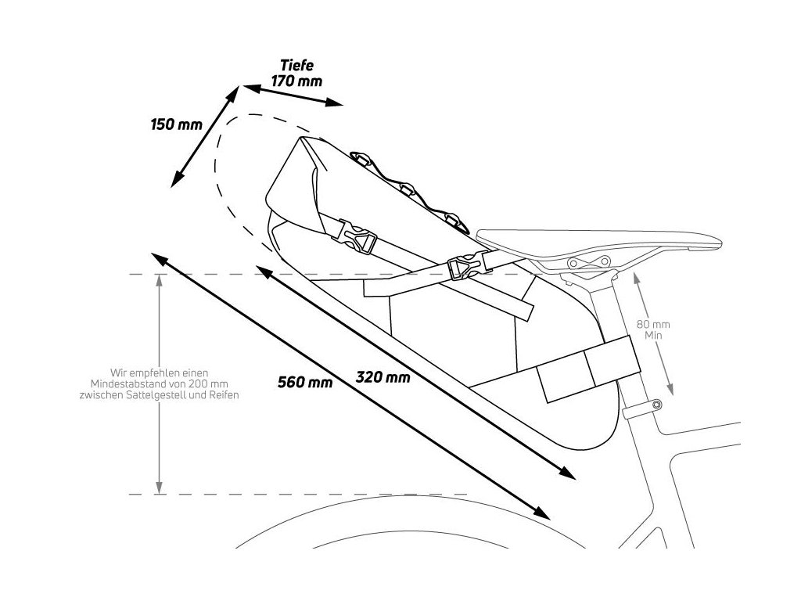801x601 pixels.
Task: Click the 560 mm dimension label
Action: (304, 383)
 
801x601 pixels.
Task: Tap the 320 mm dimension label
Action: (383, 376)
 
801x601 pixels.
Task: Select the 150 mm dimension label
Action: (176, 124)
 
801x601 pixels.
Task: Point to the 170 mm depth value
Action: (296, 81)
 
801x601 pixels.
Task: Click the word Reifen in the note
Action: (224, 396)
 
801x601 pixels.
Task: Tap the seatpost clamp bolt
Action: (656, 405)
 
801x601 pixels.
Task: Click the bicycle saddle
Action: (602, 242)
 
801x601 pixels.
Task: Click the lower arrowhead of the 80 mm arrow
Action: (671, 391)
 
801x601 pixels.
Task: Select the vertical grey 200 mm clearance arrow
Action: (160, 384)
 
